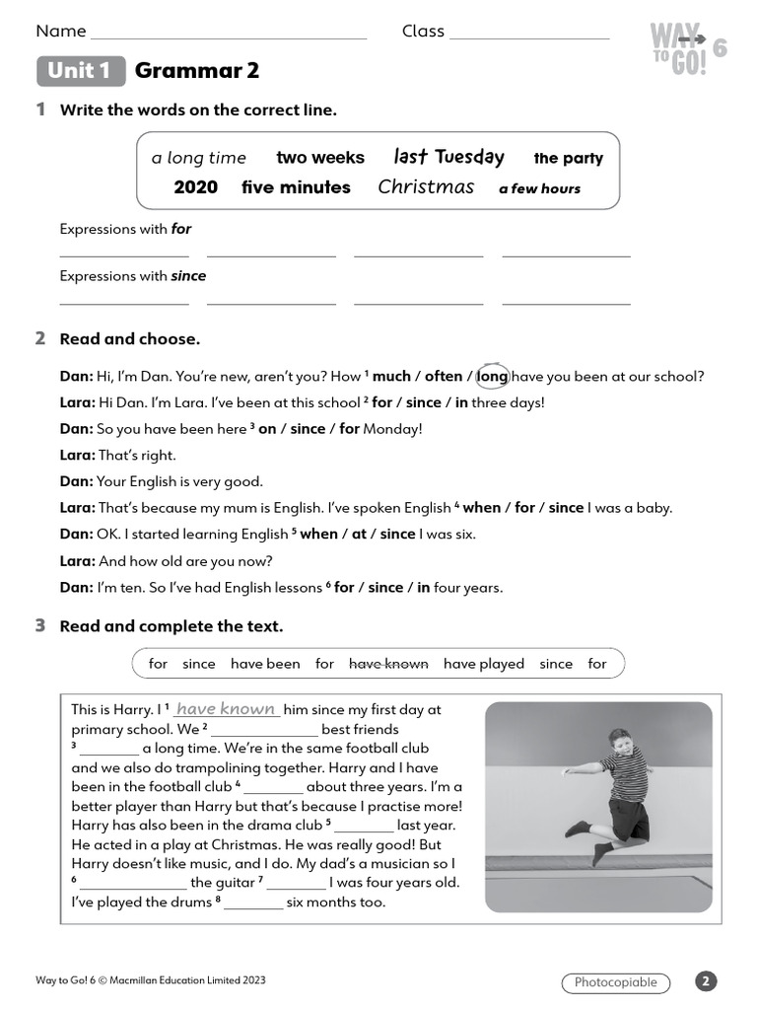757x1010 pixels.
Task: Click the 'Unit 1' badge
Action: [x=81, y=71]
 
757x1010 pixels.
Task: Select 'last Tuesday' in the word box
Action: [x=448, y=157]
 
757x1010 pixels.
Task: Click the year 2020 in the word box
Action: [x=195, y=187]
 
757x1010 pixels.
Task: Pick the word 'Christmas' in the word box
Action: [x=426, y=187]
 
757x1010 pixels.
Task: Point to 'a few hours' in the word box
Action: [x=539, y=188]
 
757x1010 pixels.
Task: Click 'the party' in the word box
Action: [x=568, y=158]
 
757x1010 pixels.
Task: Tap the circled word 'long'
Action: [x=493, y=376]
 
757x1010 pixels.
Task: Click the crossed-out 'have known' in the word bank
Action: [x=388, y=664]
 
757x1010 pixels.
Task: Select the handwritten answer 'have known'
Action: [x=226, y=709]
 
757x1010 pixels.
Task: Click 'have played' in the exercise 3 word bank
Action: [x=483, y=664]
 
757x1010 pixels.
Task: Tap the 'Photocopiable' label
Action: [x=615, y=982]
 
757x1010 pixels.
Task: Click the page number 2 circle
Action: [x=706, y=981]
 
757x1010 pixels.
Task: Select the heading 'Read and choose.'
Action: [x=129, y=339]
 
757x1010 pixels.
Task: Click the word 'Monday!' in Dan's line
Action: [x=392, y=429]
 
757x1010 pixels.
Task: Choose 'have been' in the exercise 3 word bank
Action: [x=265, y=664]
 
